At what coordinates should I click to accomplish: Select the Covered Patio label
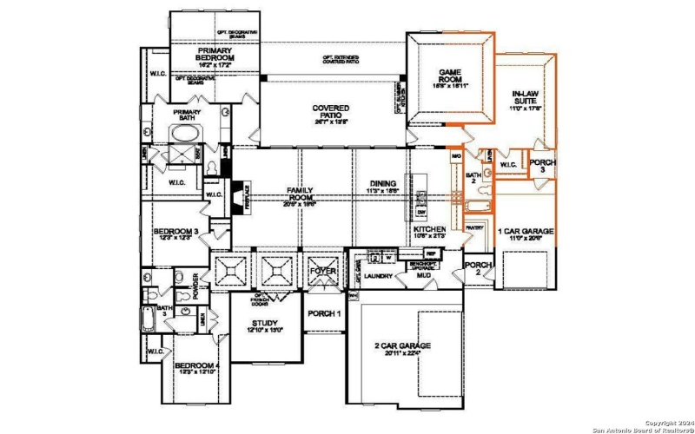click(331, 113)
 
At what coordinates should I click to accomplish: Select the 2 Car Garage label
click(401, 349)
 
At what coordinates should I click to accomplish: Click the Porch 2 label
click(477, 268)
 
